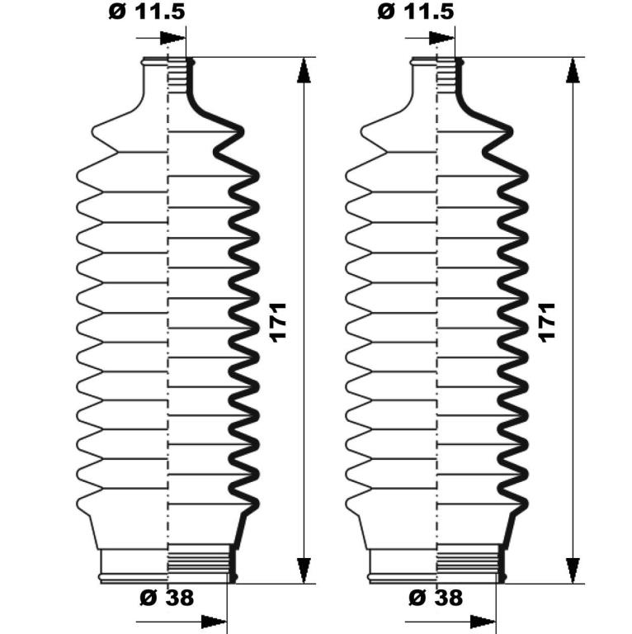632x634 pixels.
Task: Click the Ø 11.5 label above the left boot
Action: [147, 12]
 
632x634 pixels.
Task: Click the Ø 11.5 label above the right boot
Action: [416, 12]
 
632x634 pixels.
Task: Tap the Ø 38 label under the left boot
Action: [167, 597]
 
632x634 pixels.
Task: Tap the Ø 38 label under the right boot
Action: [436, 597]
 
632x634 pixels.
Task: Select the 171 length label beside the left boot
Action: [278, 323]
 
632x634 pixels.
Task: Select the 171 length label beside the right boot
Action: [547, 323]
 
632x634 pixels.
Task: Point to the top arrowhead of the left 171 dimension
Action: [304, 70]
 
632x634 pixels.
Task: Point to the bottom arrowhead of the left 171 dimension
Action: [304, 570]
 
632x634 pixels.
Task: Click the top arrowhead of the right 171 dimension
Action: [573, 70]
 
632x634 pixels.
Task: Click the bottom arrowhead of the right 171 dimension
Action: [573, 570]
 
